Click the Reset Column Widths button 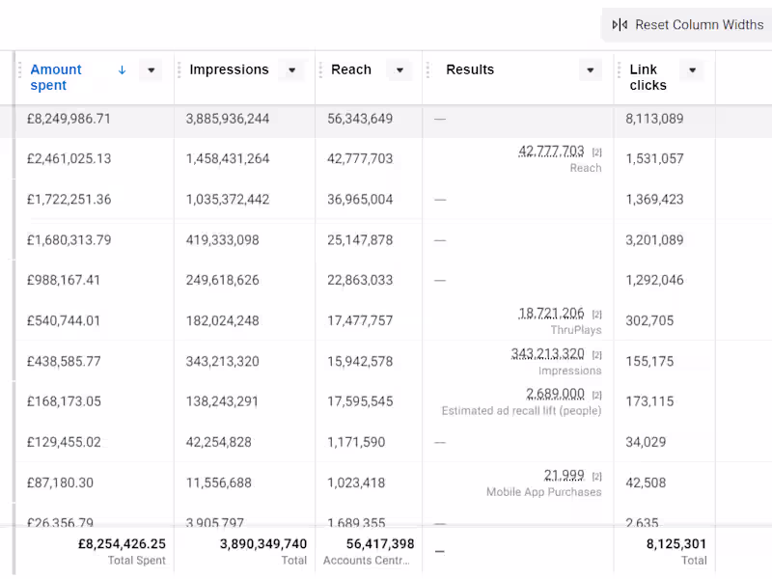tap(688, 25)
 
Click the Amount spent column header tap(56, 77)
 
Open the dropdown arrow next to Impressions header tap(291, 70)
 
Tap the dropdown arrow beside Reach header tap(399, 70)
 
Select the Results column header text tap(470, 69)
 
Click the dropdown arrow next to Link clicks tap(691, 70)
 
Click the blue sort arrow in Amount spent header tap(122, 69)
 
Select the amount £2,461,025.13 tap(69, 159)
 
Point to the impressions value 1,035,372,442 tap(228, 200)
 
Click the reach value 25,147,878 tap(360, 240)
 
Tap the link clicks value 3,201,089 tap(654, 240)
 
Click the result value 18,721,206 tap(551, 314)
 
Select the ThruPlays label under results tap(575, 330)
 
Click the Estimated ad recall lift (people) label tap(521, 411)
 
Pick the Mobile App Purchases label tap(543, 492)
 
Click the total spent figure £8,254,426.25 tap(122, 544)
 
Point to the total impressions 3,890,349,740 tap(263, 544)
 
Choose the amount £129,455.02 tap(65, 442)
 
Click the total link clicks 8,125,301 tap(676, 544)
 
